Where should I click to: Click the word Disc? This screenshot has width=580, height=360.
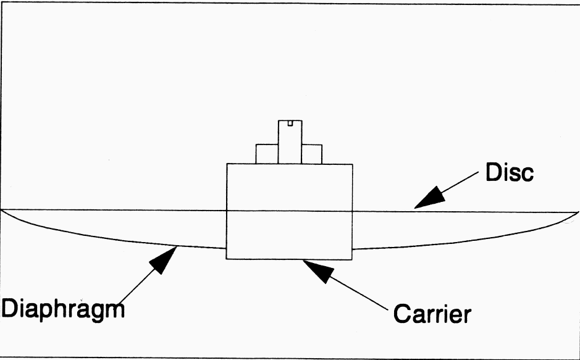509,173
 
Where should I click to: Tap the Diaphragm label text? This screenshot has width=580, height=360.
62,307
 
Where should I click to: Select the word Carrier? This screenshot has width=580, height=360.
432,314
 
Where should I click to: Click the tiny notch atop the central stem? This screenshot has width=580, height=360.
290,123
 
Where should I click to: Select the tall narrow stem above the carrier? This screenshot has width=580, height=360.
290,142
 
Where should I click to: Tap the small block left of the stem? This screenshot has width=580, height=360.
267,154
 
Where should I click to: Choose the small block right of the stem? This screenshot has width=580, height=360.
312,154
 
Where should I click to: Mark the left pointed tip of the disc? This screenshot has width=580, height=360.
2,211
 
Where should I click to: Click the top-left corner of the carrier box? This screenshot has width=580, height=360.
227,164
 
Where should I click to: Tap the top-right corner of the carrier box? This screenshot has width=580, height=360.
352,164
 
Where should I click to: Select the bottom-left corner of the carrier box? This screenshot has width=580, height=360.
227,259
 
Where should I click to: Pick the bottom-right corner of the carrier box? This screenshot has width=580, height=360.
352,259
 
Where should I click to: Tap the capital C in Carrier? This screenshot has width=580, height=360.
402,314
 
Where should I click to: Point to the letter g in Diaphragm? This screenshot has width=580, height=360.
96,310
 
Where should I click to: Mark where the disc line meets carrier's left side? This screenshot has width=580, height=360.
227,211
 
